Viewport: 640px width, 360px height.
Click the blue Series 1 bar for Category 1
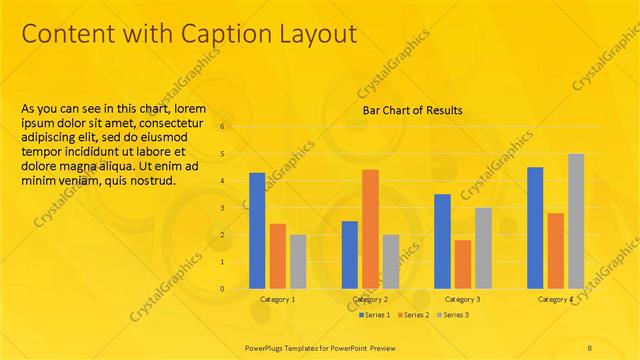[x=257, y=230]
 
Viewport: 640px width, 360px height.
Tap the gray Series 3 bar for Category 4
[x=576, y=220]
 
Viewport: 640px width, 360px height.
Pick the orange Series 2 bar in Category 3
[x=462, y=263]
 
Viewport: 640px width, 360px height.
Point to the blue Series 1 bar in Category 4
[x=535, y=227]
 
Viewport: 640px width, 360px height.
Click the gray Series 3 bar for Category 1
[x=298, y=261]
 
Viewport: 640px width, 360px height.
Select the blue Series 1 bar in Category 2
[x=349, y=254]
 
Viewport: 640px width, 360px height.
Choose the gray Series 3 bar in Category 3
[x=483, y=248]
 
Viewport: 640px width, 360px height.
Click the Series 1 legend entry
[x=375, y=315]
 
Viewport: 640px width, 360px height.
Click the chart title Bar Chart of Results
[x=412, y=110]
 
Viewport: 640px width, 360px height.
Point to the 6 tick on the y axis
[x=223, y=127]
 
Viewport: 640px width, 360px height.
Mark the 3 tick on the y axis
[x=223, y=208]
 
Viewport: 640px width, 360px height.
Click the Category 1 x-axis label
[x=278, y=299]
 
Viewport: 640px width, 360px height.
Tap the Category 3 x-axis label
[x=462, y=299]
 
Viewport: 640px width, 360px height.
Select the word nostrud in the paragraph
[x=150, y=181]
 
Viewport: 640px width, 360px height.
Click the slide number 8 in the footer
[x=590, y=346]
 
